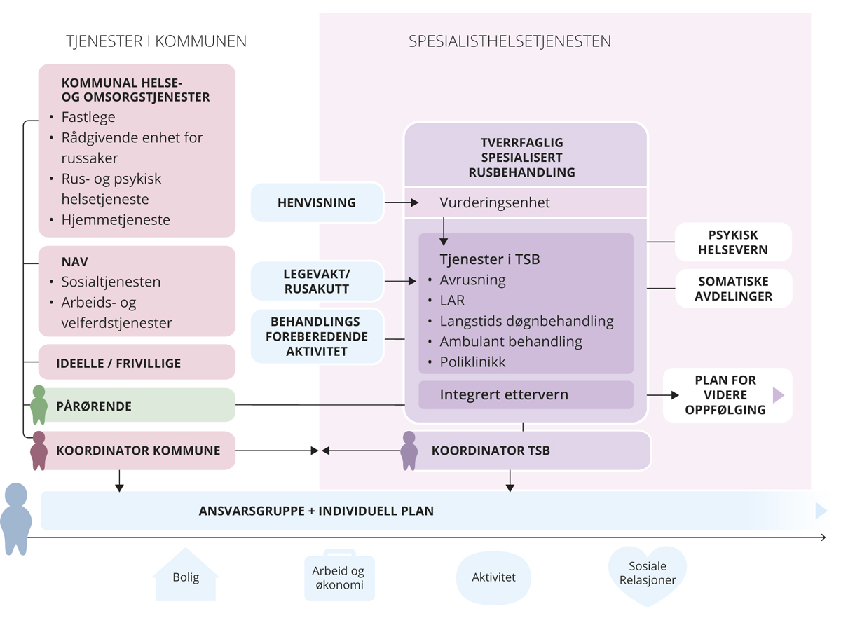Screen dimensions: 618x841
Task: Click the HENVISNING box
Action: tap(317, 203)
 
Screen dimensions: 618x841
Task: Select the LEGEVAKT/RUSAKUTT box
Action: tap(317, 282)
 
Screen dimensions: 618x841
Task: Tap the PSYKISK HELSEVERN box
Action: tap(732, 242)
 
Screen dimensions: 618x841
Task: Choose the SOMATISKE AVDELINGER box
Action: tap(732, 289)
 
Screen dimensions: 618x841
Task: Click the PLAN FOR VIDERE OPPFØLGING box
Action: tap(726, 395)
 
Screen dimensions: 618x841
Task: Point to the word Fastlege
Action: tap(88, 117)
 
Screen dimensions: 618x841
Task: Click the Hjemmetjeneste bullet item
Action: tap(116, 220)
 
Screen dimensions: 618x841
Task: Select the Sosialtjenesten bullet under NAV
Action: tap(111, 282)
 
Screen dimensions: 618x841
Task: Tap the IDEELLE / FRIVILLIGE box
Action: tap(118, 363)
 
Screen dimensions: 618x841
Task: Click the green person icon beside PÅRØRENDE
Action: tap(39, 404)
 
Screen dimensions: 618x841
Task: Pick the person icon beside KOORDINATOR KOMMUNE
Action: tap(39, 450)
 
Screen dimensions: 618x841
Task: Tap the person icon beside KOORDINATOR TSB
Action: tap(409, 450)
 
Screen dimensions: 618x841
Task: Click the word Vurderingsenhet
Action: tap(495, 203)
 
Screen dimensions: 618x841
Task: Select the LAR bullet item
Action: tap(452, 301)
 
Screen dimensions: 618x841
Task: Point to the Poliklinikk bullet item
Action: tap(472, 362)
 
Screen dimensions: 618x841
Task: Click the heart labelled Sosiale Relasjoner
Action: tap(648, 574)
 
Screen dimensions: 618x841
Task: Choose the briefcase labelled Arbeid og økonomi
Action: tap(339, 577)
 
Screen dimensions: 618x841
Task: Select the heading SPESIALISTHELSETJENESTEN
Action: tap(510, 41)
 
